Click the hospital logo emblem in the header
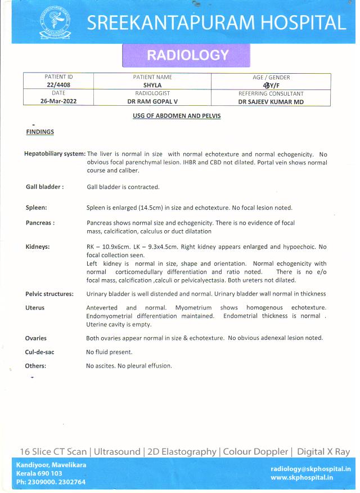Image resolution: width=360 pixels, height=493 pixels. pyautogui.click(x=55, y=22)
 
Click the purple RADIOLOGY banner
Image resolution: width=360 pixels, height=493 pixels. pyautogui.click(x=187, y=55)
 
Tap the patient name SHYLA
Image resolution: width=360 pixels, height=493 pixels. pyautogui.click(x=152, y=85)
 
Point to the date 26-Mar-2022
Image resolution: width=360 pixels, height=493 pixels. pyautogui.click(x=58, y=101)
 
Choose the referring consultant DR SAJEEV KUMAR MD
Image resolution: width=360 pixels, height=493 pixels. pyautogui.click(x=271, y=102)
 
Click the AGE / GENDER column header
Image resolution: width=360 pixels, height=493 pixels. pyautogui.click(x=271, y=77)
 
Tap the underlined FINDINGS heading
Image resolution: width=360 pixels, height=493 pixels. pyautogui.click(x=40, y=132)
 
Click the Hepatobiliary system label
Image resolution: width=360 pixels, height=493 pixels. pyautogui.click(x=55, y=154)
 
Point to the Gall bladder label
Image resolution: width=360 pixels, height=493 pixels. pyautogui.click(x=44, y=187)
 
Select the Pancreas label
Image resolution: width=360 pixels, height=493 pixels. pyautogui.click(x=40, y=223)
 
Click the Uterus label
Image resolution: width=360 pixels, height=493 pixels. pyautogui.click(x=35, y=308)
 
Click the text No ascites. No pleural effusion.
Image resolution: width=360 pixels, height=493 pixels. pyautogui.click(x=129, y=366)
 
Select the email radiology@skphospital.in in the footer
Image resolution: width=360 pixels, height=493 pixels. pyautogui.click(x=310, y=468)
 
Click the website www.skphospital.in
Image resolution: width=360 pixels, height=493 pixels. pyautogui.click(x=301, y=477)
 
